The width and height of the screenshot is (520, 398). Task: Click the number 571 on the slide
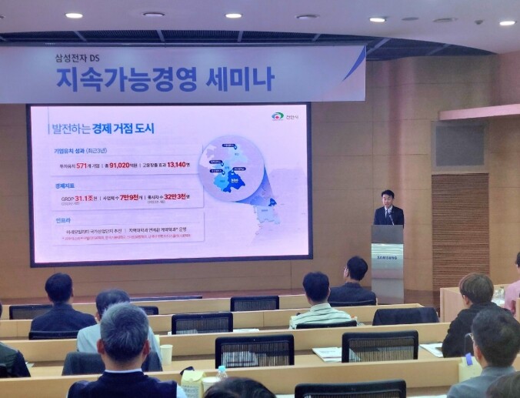pos(76,163)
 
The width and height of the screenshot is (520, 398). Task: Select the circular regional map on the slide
pos(232,167)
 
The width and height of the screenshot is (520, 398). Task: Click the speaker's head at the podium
pos(387,196)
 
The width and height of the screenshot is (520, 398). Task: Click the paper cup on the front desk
pos(166,353)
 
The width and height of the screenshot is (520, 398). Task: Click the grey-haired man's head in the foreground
pos(124,334)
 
